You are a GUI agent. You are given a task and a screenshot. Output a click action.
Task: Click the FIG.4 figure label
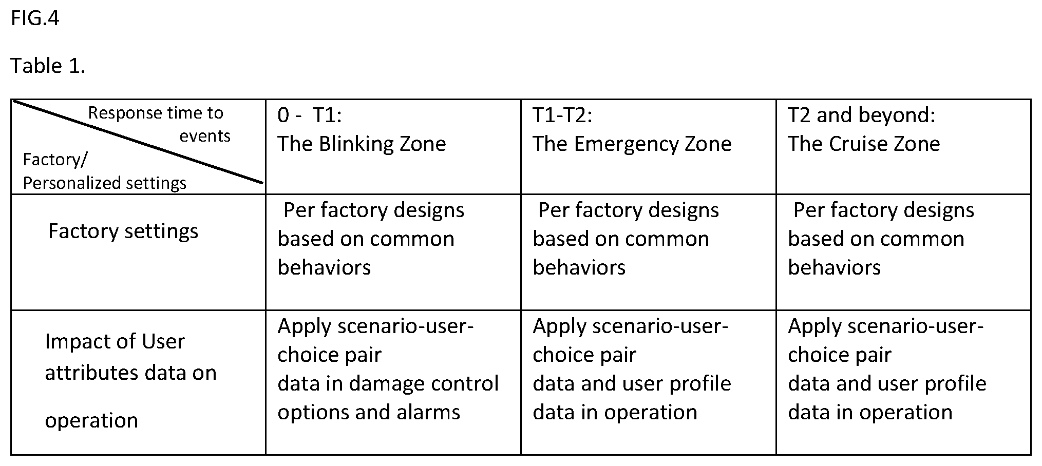coord(35,19)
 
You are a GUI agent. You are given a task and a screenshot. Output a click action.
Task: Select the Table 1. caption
coord(48,66)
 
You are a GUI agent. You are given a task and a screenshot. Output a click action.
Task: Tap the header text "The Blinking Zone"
coord(362,144)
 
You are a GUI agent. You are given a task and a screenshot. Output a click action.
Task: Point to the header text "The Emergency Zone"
coord(632,144)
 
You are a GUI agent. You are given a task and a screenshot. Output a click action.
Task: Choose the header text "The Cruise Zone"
coord(864,144)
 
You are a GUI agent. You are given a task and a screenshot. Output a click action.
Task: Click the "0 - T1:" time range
coord(310,115)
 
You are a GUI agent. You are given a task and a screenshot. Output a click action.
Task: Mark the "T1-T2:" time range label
coord(562,115)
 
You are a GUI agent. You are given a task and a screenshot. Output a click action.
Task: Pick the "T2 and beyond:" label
coord(862,115)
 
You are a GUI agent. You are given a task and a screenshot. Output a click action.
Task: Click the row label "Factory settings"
coord(123,231)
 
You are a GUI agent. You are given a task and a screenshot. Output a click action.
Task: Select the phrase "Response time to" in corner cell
coord(156,113)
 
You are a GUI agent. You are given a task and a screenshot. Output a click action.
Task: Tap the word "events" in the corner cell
coord(205,136)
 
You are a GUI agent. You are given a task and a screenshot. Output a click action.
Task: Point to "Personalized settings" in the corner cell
coord(105,183)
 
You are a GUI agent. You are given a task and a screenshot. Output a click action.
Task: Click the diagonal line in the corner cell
coord(138,141)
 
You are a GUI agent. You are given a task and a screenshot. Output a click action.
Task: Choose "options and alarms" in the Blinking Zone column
coord(369,413)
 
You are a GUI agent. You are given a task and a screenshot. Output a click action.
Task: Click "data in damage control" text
coord(388,384)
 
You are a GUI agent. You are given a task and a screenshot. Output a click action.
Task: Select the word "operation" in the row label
coord(91,421)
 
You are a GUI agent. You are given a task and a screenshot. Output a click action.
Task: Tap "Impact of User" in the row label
coord(115,342)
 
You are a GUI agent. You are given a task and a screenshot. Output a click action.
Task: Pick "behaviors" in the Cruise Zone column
coord(835,268)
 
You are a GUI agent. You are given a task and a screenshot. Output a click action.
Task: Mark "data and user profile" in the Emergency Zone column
coord(632,384)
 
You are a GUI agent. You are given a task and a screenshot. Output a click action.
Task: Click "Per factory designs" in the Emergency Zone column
coord(629,210)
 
